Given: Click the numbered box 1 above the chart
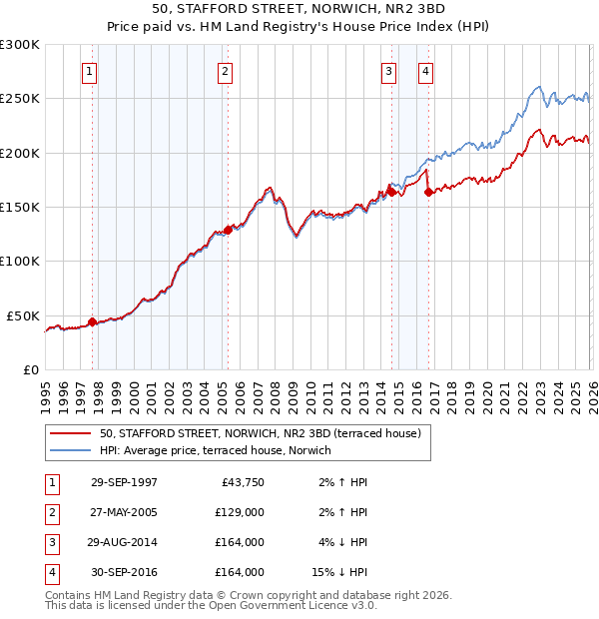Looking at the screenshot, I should pos(90,71).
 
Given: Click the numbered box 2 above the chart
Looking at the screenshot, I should pos(226,71).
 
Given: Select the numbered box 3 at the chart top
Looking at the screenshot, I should pos(388,71).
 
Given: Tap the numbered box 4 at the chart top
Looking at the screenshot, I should pos(425,71).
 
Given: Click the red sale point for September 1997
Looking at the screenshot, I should pos(93,321).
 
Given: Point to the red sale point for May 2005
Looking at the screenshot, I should pos(228,230).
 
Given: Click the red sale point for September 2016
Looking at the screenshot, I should pos(428,192).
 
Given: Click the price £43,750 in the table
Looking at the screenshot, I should pos(240,482).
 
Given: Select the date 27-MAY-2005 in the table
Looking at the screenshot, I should pos(124,512).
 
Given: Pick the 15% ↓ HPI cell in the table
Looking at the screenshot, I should pos(339,572).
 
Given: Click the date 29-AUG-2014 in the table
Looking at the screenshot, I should pos(124,542).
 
